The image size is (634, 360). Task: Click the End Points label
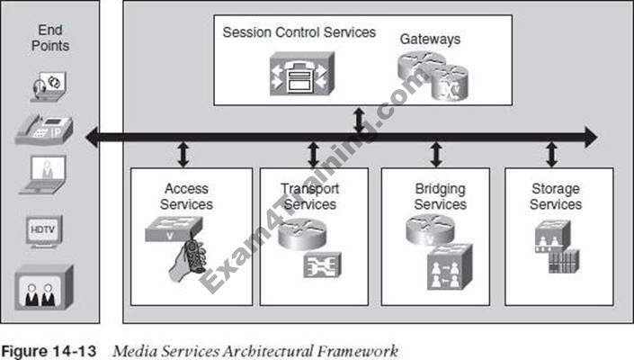pos(50,38)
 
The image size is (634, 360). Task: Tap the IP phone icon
pos(44,130)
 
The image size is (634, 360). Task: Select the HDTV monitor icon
pos(44,232)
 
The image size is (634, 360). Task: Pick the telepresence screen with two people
pos(44,288)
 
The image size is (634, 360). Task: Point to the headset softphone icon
pos(49,86)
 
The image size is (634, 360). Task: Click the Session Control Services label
pos(299,32)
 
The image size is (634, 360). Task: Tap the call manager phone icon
pos(302,74)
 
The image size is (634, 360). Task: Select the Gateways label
pos(430,40)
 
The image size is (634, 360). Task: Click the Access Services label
pos(186,196)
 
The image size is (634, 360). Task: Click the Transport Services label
pos(309,196)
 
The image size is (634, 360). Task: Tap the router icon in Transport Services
pos(302,233)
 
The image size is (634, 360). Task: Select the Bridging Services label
pos(441,196)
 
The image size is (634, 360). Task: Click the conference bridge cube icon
pos(450,267)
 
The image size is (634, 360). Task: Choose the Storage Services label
pos(556,196)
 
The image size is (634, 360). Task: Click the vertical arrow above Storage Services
pos(551,154)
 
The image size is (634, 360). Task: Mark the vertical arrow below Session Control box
pos(359,120)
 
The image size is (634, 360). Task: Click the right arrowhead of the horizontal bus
pos(591,137)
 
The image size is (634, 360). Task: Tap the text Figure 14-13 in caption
pos(49,352)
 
